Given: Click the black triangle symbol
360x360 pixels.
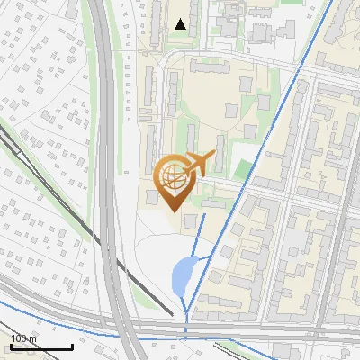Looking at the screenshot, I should point(181,24).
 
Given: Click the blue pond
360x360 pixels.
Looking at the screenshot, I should point(183,274).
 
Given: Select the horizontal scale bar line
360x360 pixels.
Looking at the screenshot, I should point(41,346).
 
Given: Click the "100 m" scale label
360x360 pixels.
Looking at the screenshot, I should point(24,338).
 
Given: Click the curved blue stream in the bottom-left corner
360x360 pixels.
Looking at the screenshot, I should point(36,320).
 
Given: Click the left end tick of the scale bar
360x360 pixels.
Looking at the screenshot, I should point(11,345).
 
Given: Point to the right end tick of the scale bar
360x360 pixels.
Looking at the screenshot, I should point(72,345).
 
